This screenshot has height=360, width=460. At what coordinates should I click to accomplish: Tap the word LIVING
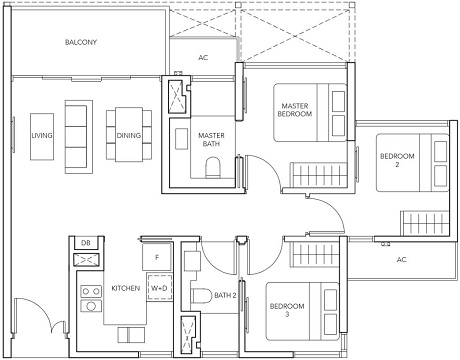pyautogui.click(x=42, y=134)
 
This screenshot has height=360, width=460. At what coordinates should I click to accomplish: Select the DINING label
pyautogui.click(x=128, y=134)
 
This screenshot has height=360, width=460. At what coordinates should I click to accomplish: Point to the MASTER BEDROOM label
pyautogui.click(x=296, y=110)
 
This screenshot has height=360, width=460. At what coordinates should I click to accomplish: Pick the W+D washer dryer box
pyautogui.click(x=158, y=288)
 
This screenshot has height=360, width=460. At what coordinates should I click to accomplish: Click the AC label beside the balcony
pyautogui.click(x=203, y=58)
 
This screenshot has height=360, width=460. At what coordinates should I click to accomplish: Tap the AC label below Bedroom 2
pyautogui.click(x=401, y=259)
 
